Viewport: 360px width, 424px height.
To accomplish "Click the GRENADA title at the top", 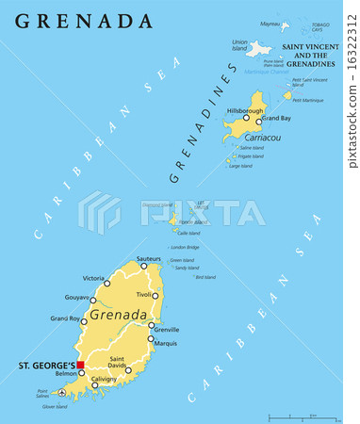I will click(84, 21).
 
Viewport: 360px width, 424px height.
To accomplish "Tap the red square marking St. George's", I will click(81, 366).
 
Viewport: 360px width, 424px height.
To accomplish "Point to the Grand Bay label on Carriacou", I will click(275, 118).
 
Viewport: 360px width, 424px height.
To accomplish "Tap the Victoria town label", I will click(93, 278).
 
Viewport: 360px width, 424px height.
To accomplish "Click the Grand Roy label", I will click(65, 318).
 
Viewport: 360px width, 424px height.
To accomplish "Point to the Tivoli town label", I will click(142, 295).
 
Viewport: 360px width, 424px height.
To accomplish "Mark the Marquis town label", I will click(165, 343).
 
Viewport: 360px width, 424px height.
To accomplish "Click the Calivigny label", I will click(104, 379).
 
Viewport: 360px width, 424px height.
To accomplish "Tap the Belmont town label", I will click(66, 373).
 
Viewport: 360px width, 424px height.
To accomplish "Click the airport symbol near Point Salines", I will click(62, 391).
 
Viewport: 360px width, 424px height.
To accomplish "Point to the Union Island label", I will click(239, 45).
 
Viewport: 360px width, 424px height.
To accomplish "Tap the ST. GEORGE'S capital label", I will click(45, 364).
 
